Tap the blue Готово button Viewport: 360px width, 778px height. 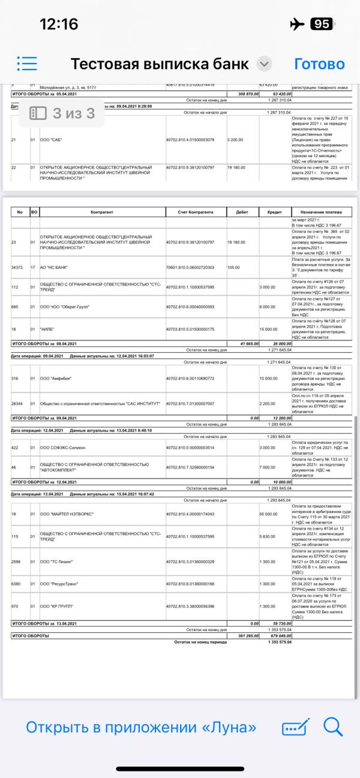tap(319, 64)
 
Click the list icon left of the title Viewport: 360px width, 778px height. tap(28, 64)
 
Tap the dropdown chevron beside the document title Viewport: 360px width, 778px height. tap(264, 64)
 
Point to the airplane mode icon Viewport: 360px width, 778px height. tap(296, 24)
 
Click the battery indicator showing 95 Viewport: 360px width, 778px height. tap(322, 24)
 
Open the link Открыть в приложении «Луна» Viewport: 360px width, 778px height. tap(141, 728)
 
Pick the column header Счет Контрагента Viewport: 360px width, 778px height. tap(196, 212)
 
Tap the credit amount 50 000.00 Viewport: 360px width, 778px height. tap(268, 514)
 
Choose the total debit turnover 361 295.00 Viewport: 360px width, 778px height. tap(244, 636)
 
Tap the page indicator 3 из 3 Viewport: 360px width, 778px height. tap(63, 113)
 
